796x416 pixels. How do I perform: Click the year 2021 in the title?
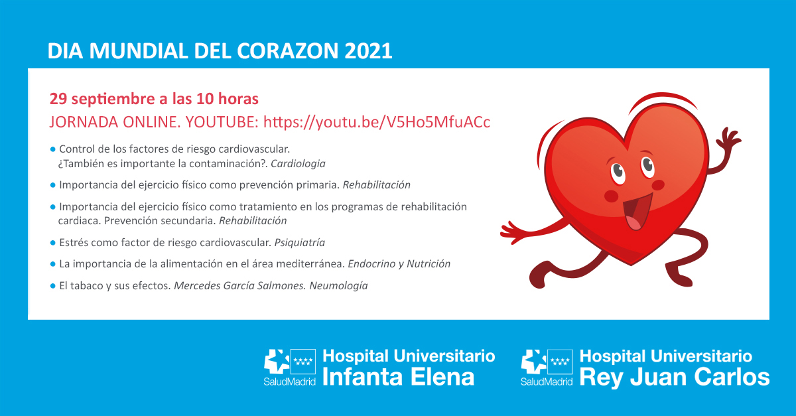[x=368, y=52]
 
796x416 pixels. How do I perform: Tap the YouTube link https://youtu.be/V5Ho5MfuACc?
[x=377, y=123]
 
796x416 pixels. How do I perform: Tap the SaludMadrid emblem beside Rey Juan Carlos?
[x=546, y=367]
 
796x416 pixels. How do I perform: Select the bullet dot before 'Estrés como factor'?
[x=53, y=242]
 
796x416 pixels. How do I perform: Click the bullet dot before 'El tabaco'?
[x=53, y=286]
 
